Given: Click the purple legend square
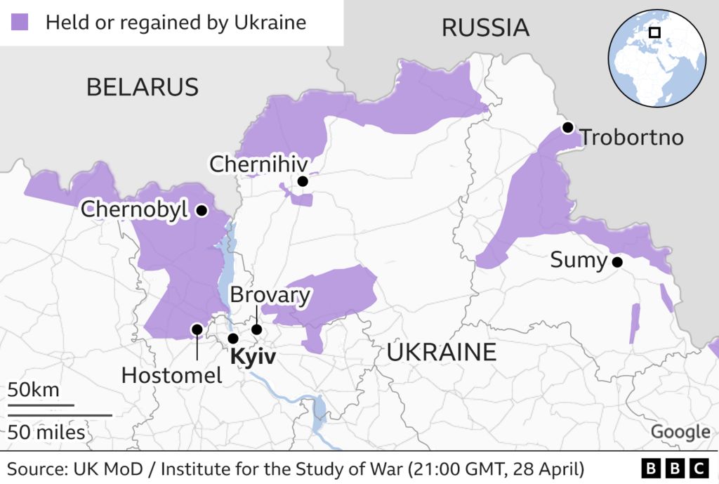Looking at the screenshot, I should tap(20, 22).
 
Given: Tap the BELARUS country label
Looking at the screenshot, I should tap(142, 87).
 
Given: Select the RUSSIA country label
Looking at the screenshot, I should tap(484, 27).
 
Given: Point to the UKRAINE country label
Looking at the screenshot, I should tap(441, 351).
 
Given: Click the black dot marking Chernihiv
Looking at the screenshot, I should tap(303, 181).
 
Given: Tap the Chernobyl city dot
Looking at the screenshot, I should tap(202, 210).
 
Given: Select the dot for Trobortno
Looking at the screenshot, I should tap(567, 128).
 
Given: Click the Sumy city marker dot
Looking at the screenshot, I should tap(617, 262).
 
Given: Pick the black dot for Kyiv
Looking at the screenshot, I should tap(233, 339).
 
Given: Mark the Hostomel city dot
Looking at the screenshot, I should tap(197, 329).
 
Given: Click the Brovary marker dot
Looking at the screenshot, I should tap(257, 329).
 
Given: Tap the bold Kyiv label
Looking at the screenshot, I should tap(253, 357).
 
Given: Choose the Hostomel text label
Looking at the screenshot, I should tap(171, 375).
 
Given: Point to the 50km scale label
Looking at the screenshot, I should tap(34, 390).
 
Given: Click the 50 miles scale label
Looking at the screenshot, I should tap(46, 431).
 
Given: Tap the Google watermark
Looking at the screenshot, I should tap(680, 432).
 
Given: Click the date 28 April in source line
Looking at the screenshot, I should tap(546, 469).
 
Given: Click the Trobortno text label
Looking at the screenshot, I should tap(632, 137).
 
